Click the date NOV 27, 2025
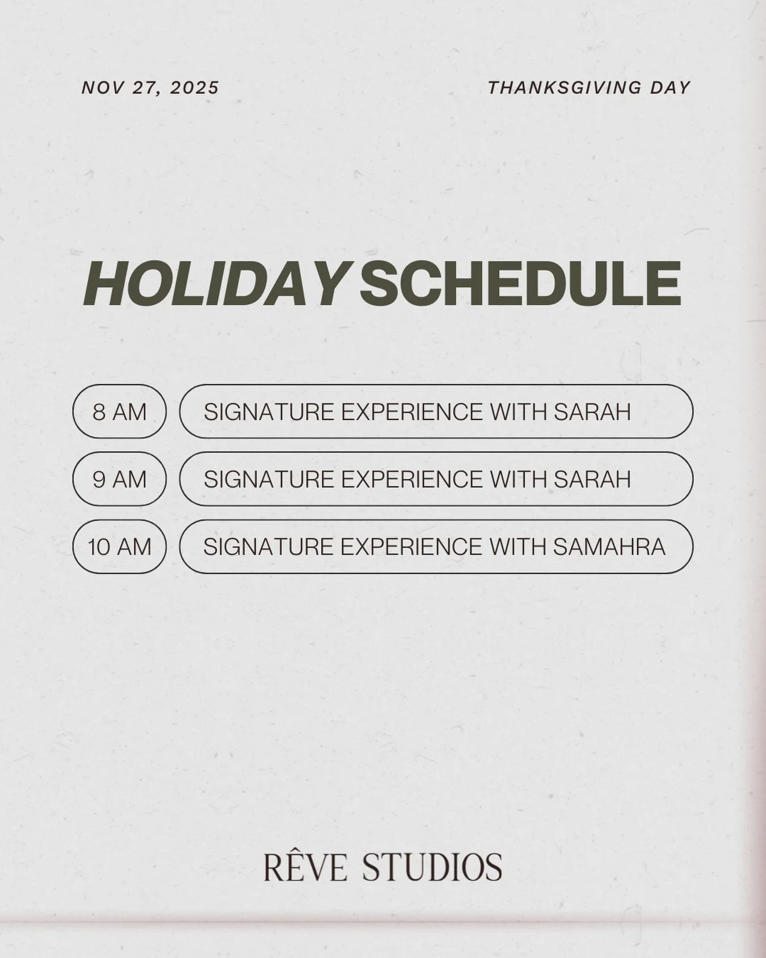tap(150, 88)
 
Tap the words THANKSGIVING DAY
tap(589, 88)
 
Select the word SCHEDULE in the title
tap(520, 284)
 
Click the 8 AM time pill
tap(119, 411)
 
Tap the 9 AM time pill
tap(119, 479)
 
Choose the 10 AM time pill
tap(119, 547)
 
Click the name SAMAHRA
tap(609, 547)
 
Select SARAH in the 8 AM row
tap(592, 411)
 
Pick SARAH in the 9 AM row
tap(592, 479)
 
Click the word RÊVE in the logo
tap(305, 867)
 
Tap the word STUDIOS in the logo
tap(432, 867)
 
